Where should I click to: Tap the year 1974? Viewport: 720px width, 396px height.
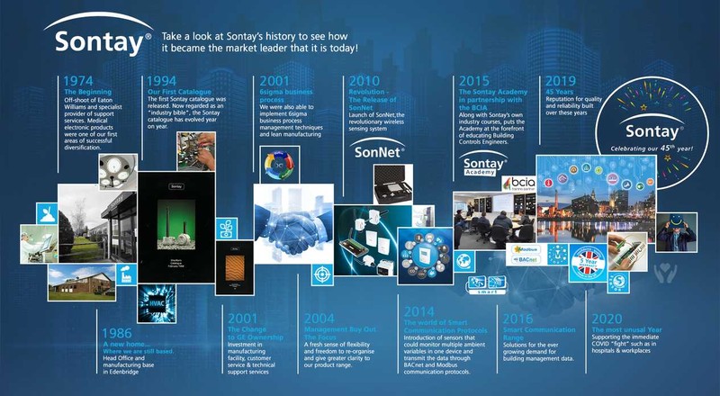point(84,82)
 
